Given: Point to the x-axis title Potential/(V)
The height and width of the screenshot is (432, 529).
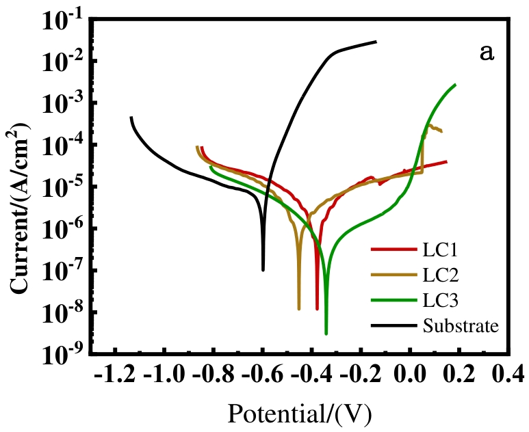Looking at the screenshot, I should [x=301, y=414].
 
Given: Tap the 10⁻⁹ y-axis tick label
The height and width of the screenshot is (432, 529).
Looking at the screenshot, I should [x=63, y=354].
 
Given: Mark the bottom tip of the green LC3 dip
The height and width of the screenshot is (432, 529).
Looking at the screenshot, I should [x=326, y=334].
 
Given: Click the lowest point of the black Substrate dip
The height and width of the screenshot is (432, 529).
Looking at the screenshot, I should [x=263, y=270].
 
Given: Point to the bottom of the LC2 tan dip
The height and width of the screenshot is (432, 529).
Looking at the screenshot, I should [x=299, y=309].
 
